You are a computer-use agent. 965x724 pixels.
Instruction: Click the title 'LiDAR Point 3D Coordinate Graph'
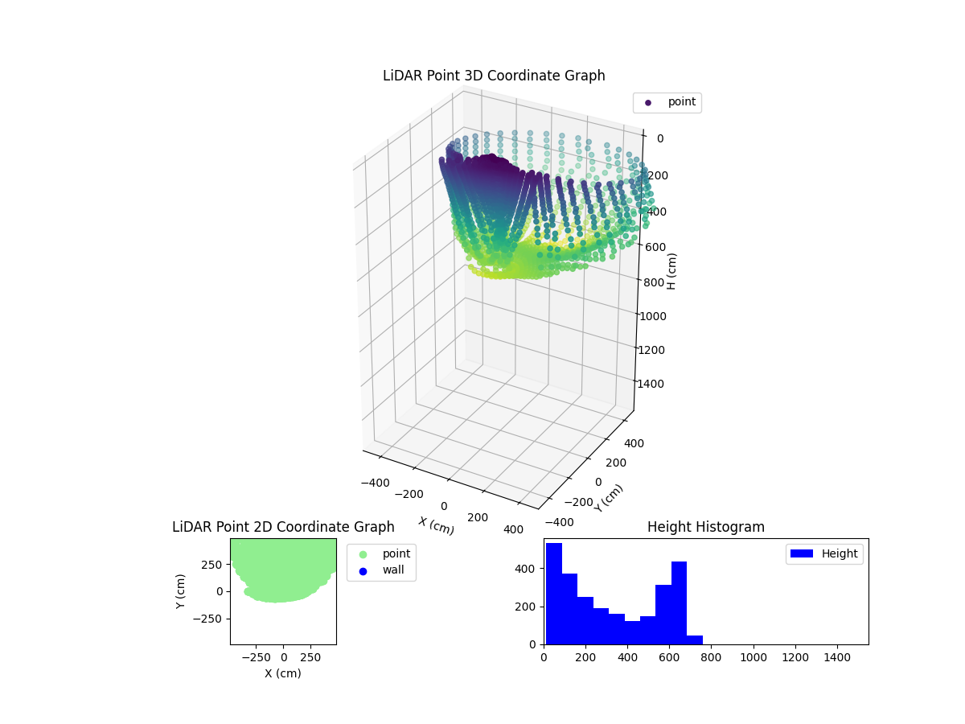[494, 76]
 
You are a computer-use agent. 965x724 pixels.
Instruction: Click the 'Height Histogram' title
[705, 527]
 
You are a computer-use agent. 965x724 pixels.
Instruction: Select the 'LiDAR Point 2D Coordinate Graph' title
[283, 527]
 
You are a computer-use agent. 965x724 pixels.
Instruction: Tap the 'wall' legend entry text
[393, 570]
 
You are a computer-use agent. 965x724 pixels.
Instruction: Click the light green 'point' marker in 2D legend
[363, 554]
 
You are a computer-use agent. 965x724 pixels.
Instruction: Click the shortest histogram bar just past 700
[695, 640]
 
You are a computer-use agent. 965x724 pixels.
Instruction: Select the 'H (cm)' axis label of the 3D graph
[671, 271]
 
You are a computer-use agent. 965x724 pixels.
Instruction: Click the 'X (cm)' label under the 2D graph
[283, 673]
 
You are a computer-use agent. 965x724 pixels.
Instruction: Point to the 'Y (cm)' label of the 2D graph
[181, 591]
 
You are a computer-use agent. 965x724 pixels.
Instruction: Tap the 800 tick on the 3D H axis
[653, 282]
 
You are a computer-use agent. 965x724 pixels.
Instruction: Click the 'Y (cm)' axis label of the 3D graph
[609, 498]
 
